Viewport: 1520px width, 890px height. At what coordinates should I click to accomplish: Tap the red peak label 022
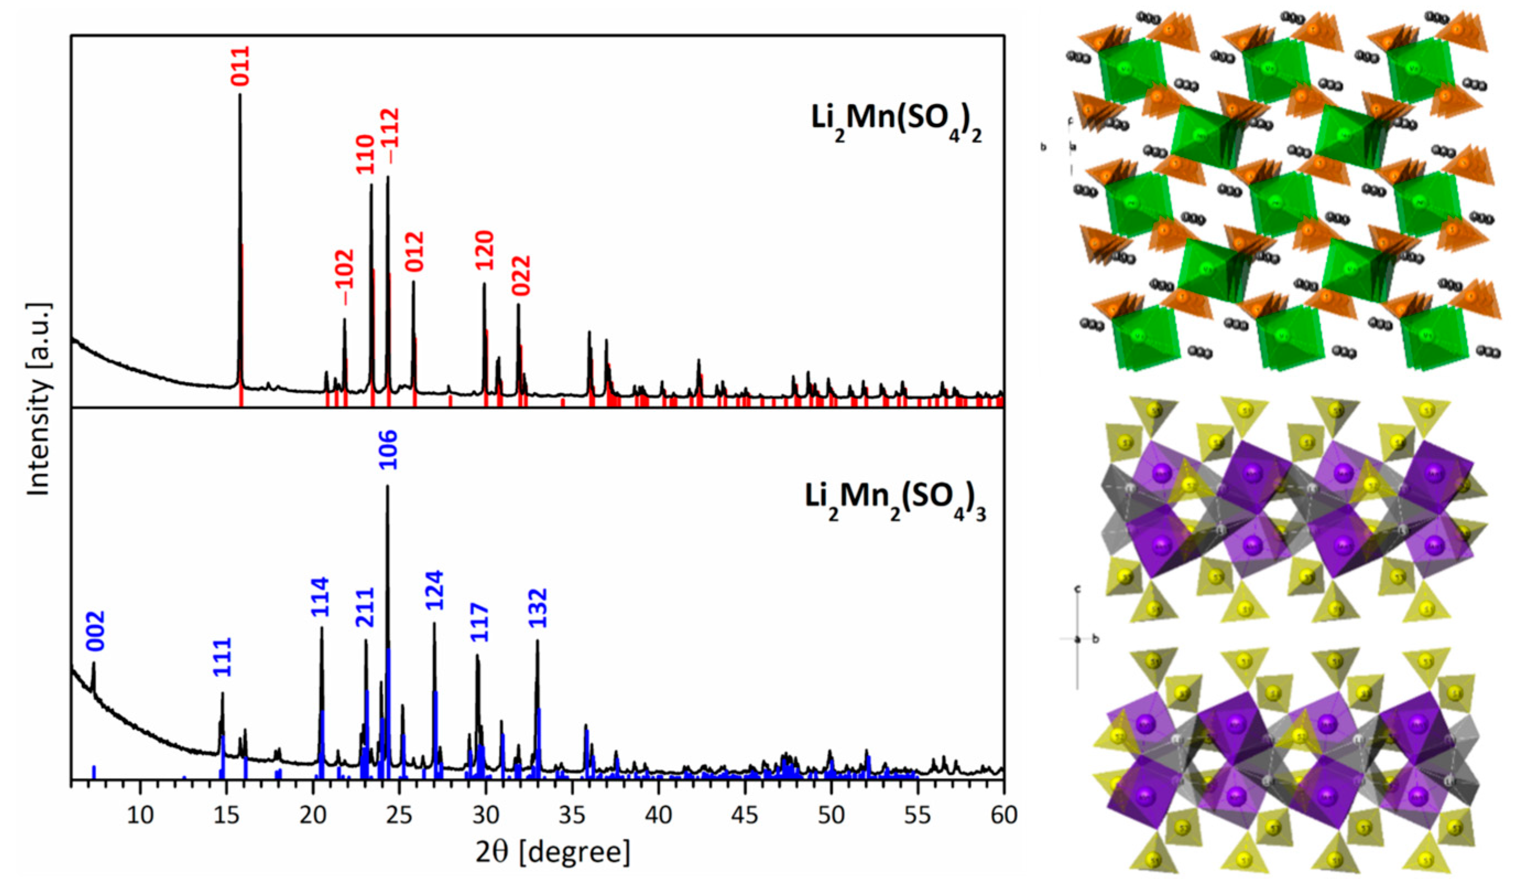pyautogui.click(x=521, y=275)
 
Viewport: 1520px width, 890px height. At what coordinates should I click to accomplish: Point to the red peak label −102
pyautogui.click(x=346, y=277)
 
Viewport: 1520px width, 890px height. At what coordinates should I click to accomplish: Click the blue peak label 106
pyautogui.click(x=388, y=449)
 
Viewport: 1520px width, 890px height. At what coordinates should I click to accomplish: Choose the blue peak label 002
pyautogui.click(x=95, y=631)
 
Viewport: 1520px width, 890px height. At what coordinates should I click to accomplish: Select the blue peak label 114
pyautogui.click(x=320, y=598)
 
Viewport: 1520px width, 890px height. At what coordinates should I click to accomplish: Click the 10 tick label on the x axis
pyautogui.click(x=140, y=815)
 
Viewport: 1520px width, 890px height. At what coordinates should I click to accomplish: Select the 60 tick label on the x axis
pyautogui.click(x=1003, y=815)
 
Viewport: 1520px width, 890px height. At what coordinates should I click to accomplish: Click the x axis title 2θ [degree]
pyautogui.click(x=553, y=853)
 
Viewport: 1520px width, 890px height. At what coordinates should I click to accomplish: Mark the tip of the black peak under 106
pyautogui.click(x=387, y=486)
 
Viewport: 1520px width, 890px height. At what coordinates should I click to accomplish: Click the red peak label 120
pyautogui.click(x=484, y=250)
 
